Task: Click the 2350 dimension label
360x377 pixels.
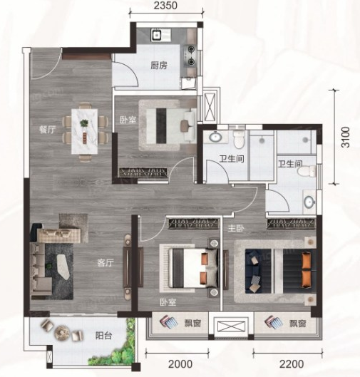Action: click(165, 5)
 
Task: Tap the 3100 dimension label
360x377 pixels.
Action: click(346, 137)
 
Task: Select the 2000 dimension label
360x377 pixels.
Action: click(180, 364)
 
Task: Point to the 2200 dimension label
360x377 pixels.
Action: click(292, 364)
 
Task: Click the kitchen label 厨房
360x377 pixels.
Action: click(159, 66)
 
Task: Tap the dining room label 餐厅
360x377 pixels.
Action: click(48, 130)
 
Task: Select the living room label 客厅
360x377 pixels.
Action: click(106, 263)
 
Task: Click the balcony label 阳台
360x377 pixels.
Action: click(103, 336)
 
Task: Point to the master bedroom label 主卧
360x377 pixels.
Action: click(236, 229)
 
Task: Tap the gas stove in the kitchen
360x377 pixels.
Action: click(190, 56)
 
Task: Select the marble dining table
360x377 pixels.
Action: click(85, 131)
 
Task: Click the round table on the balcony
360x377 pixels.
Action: click(62, 333)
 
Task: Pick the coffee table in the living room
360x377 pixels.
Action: click(63, 267)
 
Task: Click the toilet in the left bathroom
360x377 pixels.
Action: click(239, 140)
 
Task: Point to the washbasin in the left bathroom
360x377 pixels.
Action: click(215, 137)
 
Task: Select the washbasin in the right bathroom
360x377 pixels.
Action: click(309, 202)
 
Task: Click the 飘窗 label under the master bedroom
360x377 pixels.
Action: click(298, 324)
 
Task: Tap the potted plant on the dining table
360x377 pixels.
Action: click(84, 123)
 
